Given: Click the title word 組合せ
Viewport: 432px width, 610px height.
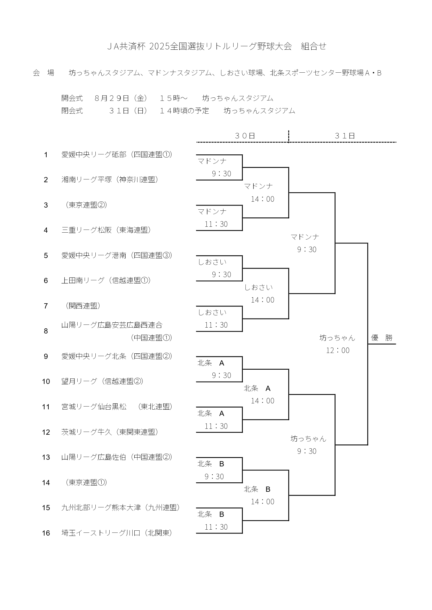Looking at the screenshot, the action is [314, 46].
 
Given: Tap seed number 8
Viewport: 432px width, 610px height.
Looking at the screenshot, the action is [46, 331].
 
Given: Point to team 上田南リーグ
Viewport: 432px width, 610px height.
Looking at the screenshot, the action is [83, 280].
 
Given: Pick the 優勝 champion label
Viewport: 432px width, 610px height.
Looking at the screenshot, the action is [382, 338].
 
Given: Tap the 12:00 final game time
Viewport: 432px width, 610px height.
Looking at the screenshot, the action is [338, 350].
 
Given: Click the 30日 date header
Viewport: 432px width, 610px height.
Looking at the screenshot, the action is [245, 136].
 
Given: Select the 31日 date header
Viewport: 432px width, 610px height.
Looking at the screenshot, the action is [345, 136].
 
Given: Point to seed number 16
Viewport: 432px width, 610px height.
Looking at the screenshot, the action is [46, 533].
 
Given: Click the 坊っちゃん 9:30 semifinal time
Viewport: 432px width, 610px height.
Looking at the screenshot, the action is [307, 451].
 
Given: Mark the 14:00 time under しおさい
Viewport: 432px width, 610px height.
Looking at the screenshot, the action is [262, 300].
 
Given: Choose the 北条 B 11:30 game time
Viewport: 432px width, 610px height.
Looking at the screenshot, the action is [216, 527].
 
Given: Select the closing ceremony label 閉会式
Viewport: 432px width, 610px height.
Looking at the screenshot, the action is [72, 111].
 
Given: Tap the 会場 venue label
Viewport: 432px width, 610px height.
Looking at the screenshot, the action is [44, 73].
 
